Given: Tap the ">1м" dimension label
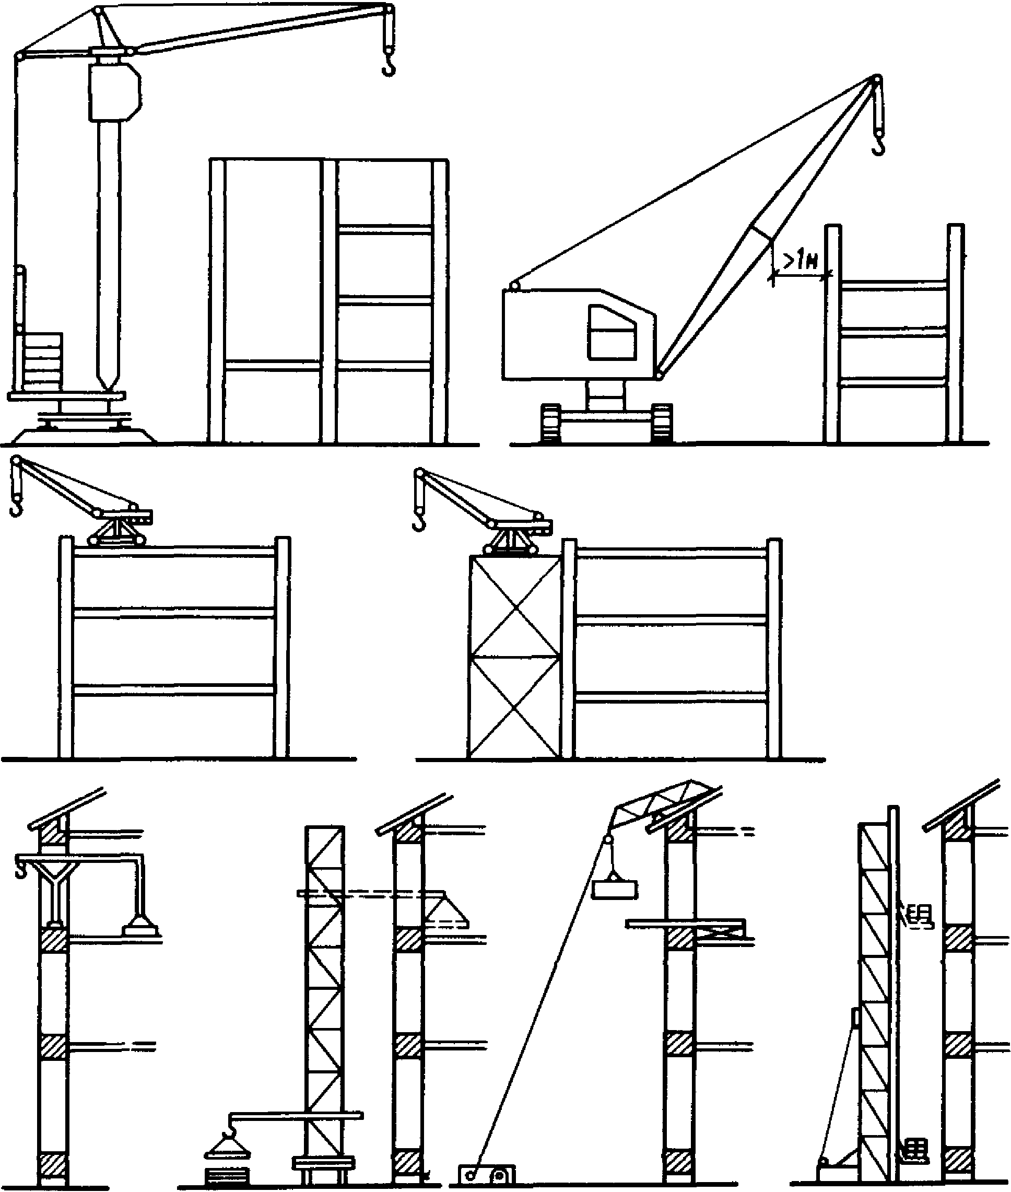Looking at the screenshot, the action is coord(800,263).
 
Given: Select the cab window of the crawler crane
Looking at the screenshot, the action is coord(611,333).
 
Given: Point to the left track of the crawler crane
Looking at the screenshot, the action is coord(551,423).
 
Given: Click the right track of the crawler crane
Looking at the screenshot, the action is coord(662,423).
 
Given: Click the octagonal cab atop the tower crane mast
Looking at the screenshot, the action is coord(115,92).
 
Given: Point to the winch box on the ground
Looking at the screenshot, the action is coord(487,1174).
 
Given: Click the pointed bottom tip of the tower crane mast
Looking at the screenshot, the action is coord(109,384).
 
